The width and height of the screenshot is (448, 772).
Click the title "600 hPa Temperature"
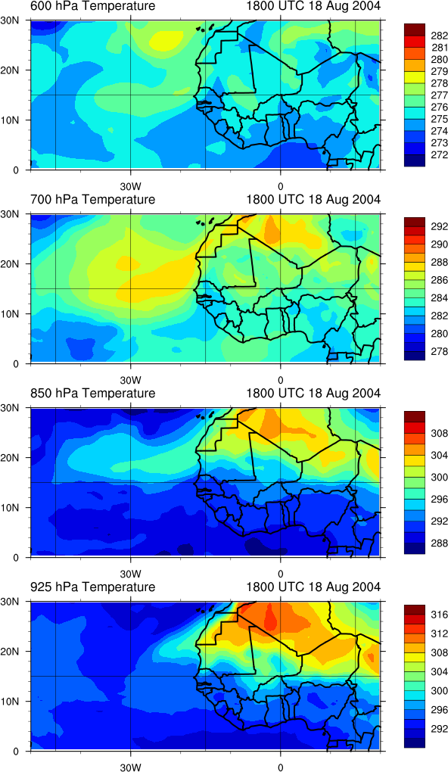pyautogui.click(x=92, y=6)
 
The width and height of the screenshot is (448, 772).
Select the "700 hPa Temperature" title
pyautogui.click(x=92, y=199)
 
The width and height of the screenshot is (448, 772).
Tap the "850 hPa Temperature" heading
pyautogui.click(x=92, y=394)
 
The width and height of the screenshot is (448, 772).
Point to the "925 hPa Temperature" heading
pyautogui.click(x=92, y=587)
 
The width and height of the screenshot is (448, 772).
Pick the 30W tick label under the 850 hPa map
pyautogui.click(x=131, y=574)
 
